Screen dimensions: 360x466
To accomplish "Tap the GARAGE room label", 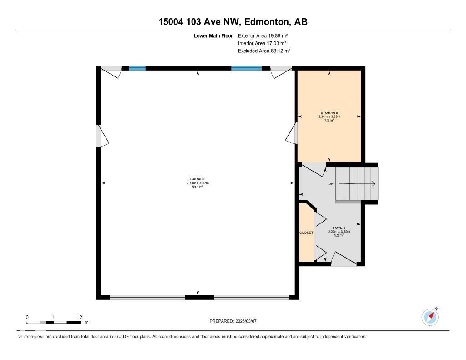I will (198, 179).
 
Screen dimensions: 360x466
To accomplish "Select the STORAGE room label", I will (329, 113).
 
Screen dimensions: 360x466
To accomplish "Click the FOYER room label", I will (339, 228).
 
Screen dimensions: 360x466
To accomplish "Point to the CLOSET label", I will (306, 233).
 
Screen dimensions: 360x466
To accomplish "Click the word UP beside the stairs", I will (332, 184).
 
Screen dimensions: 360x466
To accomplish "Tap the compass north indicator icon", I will (430, 317).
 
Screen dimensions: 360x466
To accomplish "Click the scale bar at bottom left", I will (54, 322).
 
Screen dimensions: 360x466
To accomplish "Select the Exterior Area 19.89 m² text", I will (263, 35).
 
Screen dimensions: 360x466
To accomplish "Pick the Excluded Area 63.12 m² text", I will (264, 51).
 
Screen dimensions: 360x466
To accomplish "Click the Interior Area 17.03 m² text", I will (262, 43).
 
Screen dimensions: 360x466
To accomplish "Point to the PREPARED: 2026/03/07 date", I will (236, 321).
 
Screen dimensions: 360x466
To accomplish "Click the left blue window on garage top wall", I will (137, 68).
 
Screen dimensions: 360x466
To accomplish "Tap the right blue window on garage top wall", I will (246, 68).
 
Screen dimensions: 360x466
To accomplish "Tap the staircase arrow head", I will (372, 184).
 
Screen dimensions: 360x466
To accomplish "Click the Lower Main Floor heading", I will (213, 35).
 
